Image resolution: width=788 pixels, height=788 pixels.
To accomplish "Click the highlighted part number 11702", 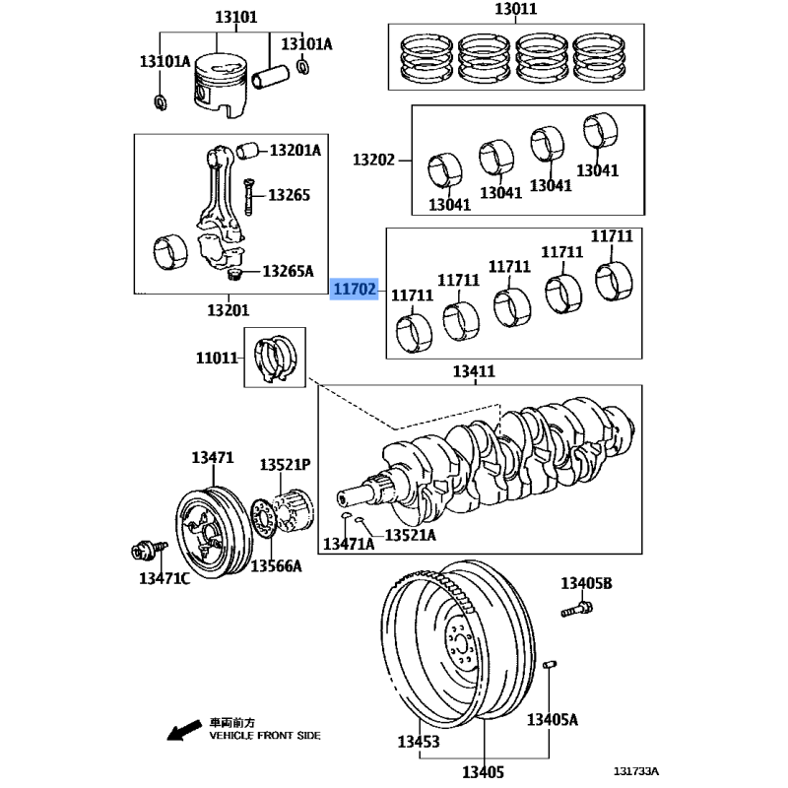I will [x=354, y=290].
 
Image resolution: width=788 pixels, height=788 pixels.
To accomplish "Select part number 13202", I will [x=373, y=159].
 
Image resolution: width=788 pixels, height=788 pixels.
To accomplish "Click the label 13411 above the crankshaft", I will [x=474, y=371].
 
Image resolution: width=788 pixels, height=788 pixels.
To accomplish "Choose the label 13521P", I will [x=286, y=464].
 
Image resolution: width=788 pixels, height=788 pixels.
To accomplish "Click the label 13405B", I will [x=587, y=584].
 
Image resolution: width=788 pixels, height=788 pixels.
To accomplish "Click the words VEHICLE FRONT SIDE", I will [x=265, y=736].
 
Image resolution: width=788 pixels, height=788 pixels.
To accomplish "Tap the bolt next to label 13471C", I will [x=141, y=549].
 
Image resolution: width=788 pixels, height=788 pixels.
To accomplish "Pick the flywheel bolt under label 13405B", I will [x=576, y=612].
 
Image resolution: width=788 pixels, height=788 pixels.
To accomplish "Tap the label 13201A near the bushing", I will [x=295, y=151].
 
